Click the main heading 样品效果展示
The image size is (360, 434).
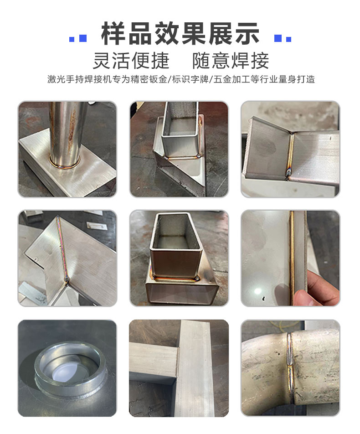(180, 34)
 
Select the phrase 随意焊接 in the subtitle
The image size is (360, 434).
(231, 61)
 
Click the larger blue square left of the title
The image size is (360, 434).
(83, 38)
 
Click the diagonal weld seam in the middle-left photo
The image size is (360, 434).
(62, 248)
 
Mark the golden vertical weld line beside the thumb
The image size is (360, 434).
(292, 251)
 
